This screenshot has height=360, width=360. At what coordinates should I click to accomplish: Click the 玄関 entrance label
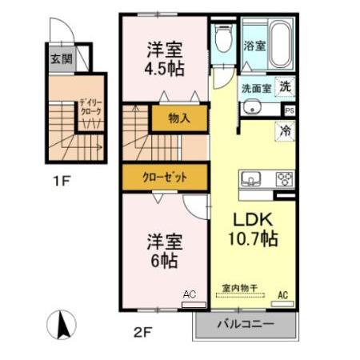click(x=60, y=58)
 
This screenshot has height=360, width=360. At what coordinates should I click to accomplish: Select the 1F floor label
click(x=62, y=182)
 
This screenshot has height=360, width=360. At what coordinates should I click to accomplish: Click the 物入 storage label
click(x=179, y=118)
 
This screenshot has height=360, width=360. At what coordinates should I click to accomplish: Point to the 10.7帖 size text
click(x=254, y=239)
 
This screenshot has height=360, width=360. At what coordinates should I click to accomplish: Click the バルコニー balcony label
click(x=246, y=326)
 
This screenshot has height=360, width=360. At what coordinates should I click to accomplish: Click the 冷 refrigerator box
click(x=286, y=131)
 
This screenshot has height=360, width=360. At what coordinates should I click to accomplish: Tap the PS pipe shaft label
click(x=289, y=110)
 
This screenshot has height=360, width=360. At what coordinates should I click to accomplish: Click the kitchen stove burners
click(x=285, y=178)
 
